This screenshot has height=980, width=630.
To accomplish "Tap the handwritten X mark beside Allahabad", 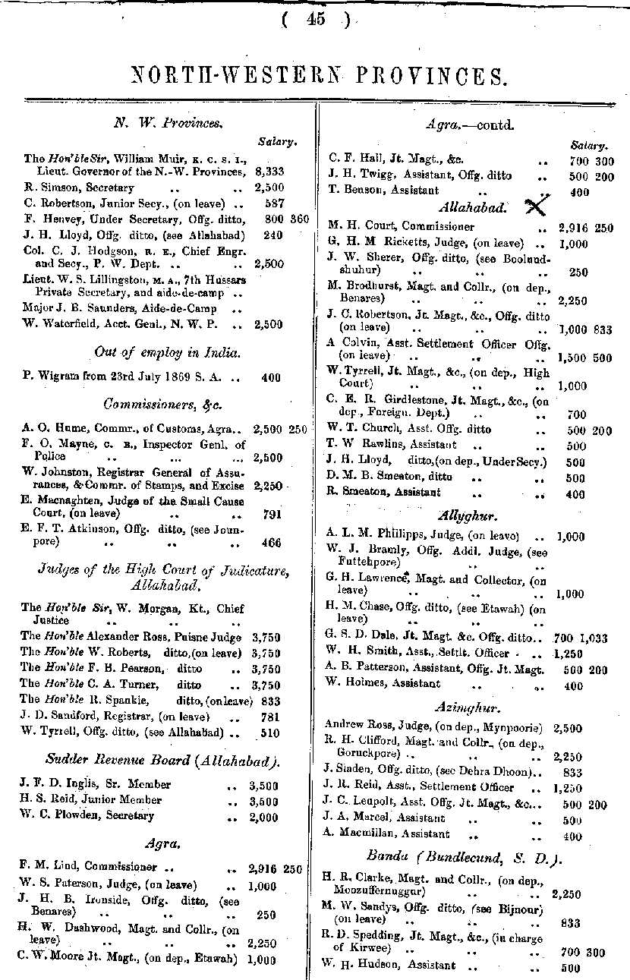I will tap(536, 205).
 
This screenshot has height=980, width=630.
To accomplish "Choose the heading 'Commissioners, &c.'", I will tap(157, 404).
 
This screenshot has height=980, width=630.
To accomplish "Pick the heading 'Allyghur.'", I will tap(468, 517).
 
